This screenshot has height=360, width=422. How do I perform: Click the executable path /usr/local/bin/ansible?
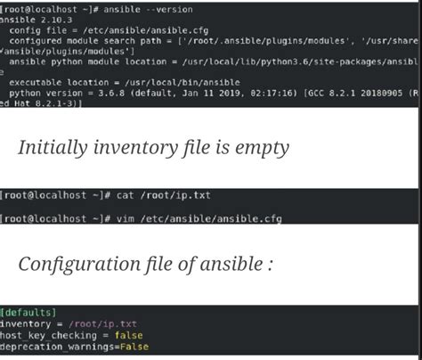click(183, 82)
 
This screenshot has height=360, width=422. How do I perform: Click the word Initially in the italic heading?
click(53, 148)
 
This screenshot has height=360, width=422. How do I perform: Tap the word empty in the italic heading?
click(262, 148)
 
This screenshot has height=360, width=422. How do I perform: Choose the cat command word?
click(125, 195)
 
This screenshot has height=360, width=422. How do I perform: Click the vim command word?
click(125, 219)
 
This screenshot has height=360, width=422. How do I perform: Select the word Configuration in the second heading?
click(79, 264)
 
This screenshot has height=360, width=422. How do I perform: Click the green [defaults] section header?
click(28, 313)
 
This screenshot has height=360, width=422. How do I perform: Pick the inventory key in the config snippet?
click(26, 323)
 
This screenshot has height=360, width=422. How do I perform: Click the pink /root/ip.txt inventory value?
click(102, 323)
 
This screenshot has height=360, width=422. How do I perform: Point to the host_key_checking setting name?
click(48, 335)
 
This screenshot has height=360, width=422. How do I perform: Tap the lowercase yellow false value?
click(128, 335)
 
